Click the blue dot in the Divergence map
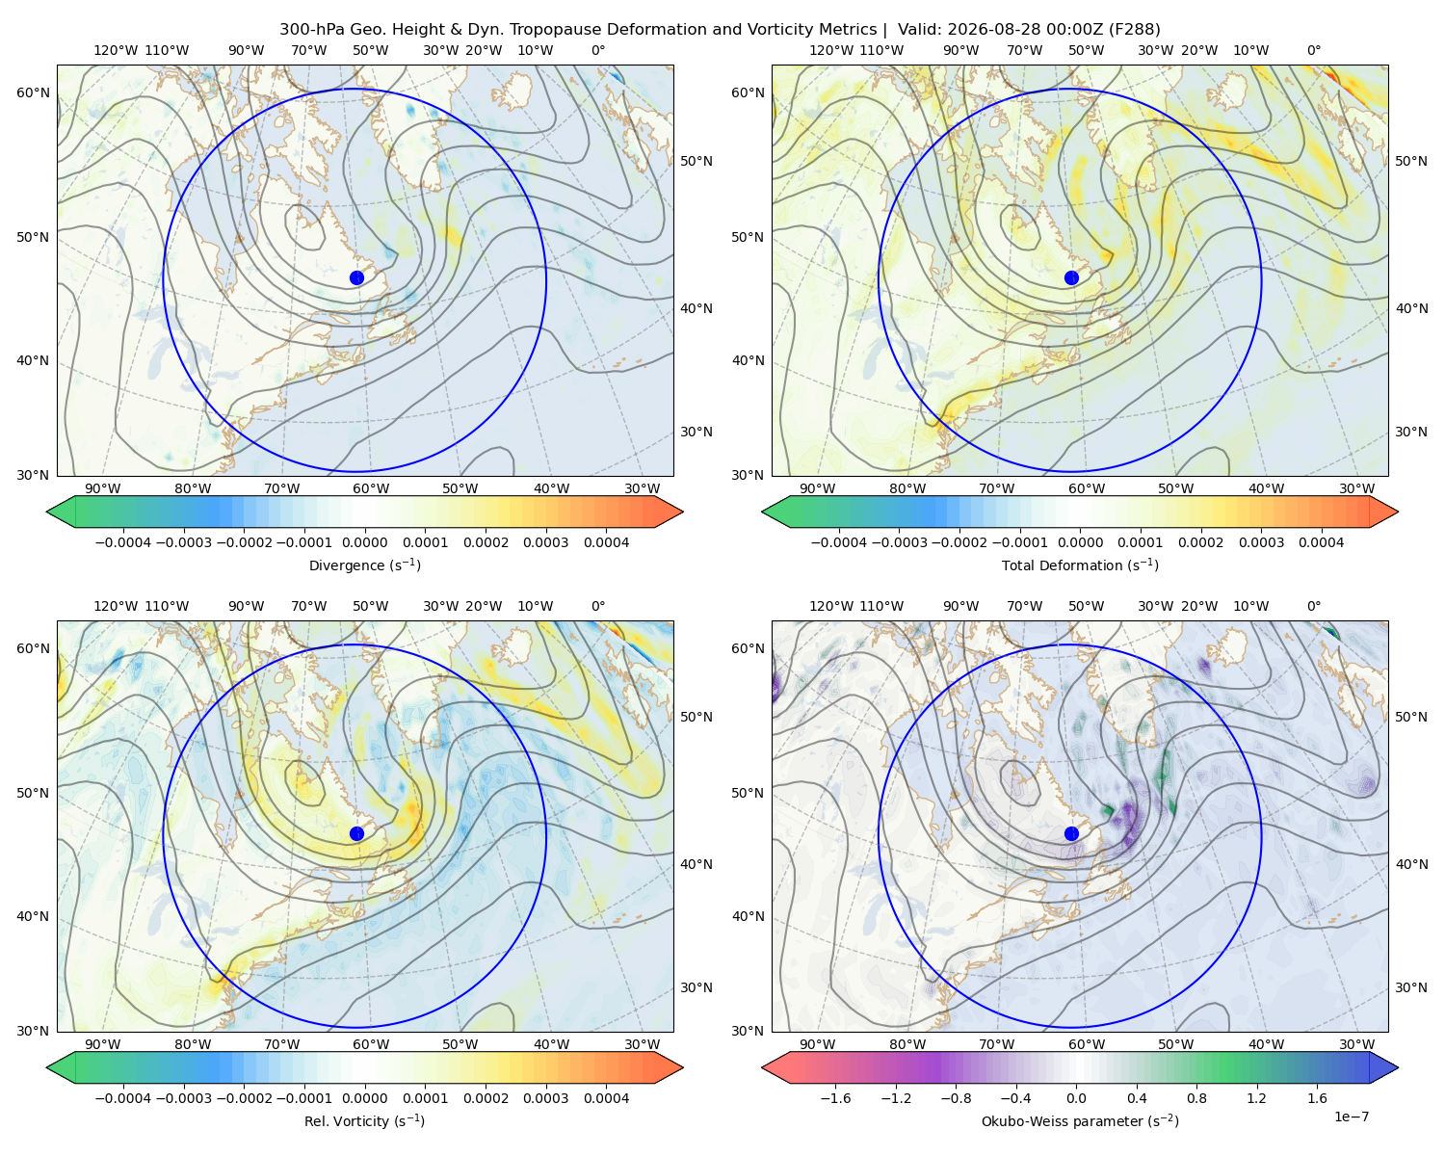[x=356, y=277]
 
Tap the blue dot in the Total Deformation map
[x=1071, y=277]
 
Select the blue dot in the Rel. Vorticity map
[x=356, y=833]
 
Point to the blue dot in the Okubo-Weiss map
[x=1071, y=833]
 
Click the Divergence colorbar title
[x=364, y=565]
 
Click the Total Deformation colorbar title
[x=1080, y=565]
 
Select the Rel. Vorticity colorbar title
[x=364, y=1120]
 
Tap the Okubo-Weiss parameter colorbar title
[x=1080, y=1120]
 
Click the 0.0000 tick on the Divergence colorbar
[x=364, y=542]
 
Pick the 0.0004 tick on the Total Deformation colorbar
[x=1321, y=542]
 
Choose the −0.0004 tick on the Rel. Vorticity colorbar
[x=123, y=1097]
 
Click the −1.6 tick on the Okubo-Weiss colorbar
[x=835, y=1097]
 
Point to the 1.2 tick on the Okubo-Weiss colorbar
[x=1256, y=1097]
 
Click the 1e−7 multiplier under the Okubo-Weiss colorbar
[x=1351, y=1117]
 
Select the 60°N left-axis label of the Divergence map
[x=33, y=92]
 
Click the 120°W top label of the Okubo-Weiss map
[x=830, y=605]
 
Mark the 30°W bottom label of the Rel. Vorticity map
[x=642, y=1044]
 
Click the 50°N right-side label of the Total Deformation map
[x=1410, y=161]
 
